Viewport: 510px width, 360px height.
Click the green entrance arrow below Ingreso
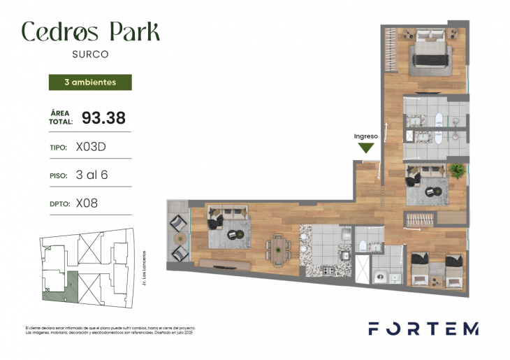365,147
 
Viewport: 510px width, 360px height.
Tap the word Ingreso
365,136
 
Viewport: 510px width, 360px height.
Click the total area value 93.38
99,117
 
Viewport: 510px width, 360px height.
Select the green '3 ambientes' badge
89,82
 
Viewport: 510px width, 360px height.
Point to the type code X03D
90,147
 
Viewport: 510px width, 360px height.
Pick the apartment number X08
87,203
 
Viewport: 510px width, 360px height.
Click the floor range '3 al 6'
92,175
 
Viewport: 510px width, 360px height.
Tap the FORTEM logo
423,329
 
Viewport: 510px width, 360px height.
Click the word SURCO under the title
89,52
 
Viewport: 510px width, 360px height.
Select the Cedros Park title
90,31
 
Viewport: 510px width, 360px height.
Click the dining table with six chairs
279,248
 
